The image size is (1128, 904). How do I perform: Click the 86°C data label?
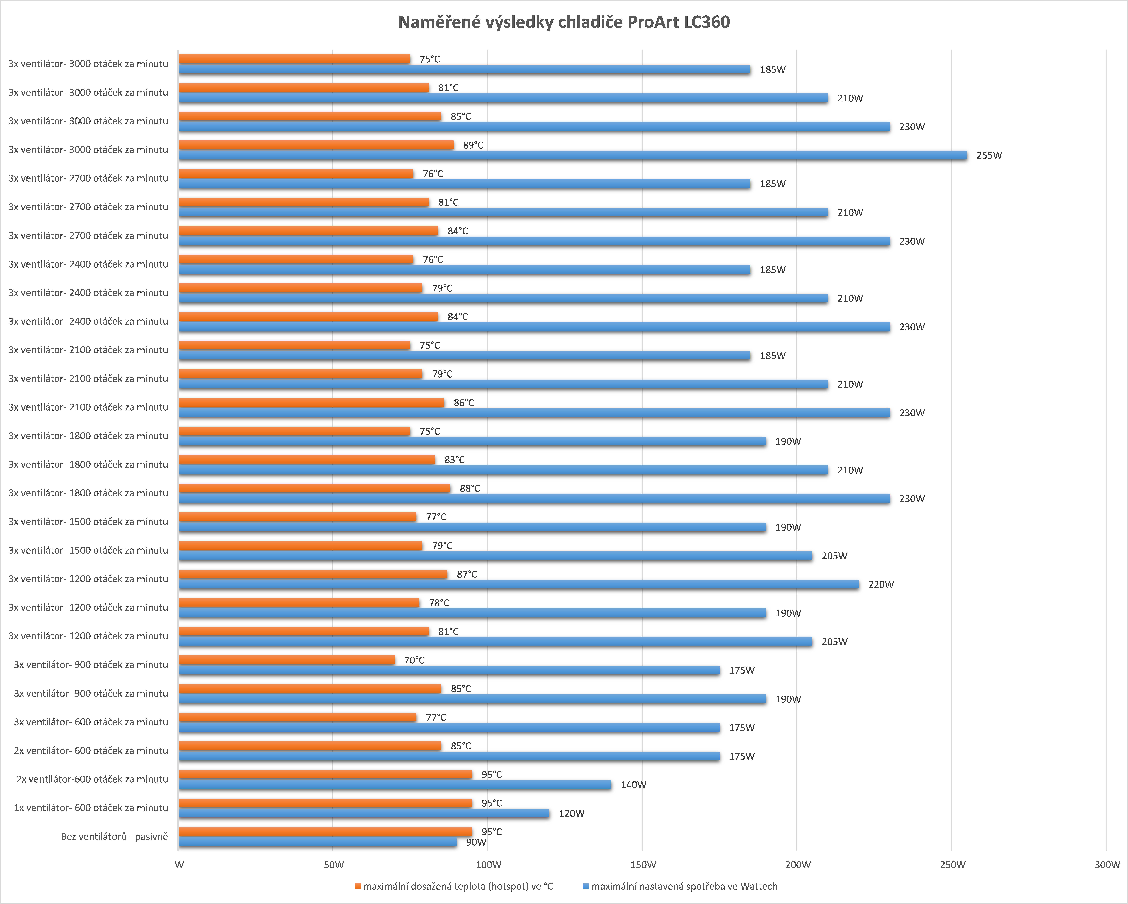click(464, 403)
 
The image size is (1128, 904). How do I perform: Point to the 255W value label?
click(989, 155)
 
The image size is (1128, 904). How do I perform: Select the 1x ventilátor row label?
click(90, 808)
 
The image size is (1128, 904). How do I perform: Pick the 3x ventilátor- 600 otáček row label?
click(90, 722)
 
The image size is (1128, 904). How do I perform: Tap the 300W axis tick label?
click(1107, 865)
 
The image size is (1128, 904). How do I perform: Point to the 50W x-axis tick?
click(334, 865)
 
